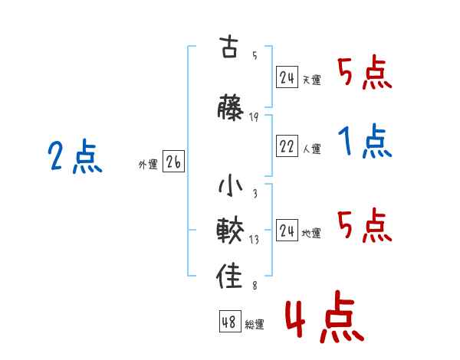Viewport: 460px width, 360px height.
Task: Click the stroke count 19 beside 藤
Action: [x=254, y=116]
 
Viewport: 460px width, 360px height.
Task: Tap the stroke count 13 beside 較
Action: [x=254, y=239]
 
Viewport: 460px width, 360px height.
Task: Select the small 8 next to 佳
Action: [x=254, y=286]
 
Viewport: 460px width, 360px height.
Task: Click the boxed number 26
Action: [x=174, y=162]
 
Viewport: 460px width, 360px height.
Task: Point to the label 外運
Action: [x=147, y=164]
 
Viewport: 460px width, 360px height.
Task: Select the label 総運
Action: [x=255, y=325]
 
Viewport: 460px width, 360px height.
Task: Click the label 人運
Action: [x=311, y=149]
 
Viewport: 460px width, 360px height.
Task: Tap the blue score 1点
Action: [x=365, y=142]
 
